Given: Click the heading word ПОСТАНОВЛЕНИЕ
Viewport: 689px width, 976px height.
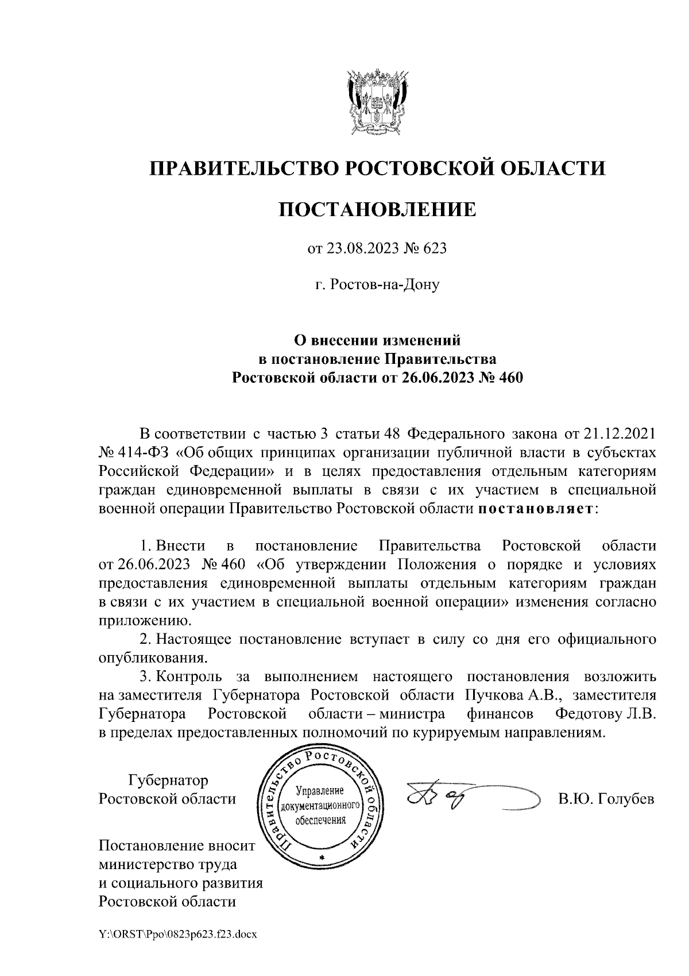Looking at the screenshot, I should point(377,209).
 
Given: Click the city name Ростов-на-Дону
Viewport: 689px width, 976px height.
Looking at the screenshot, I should point(377,284).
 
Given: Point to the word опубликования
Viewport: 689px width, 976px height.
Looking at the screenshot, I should point(152,658).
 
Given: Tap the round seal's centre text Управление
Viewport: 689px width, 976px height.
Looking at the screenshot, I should point(319,791).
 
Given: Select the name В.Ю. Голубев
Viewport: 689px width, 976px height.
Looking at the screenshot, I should point(606,799).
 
